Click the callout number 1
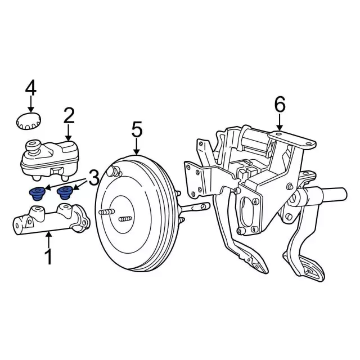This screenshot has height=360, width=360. [49, 257]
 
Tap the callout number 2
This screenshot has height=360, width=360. [69, 116]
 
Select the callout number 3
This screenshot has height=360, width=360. [94, 178]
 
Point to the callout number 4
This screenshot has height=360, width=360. [31, 88]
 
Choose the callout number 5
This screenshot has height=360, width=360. [137, 129]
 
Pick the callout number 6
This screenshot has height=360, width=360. [280, 105]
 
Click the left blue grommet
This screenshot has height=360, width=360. [37, 193]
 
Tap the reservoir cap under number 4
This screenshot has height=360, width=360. [29, 121]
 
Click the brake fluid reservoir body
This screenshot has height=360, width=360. [49, 160]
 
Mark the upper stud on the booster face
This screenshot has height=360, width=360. [107, 212]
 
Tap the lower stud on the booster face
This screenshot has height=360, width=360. [125, 219]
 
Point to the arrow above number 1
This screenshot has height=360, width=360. [48, 240]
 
